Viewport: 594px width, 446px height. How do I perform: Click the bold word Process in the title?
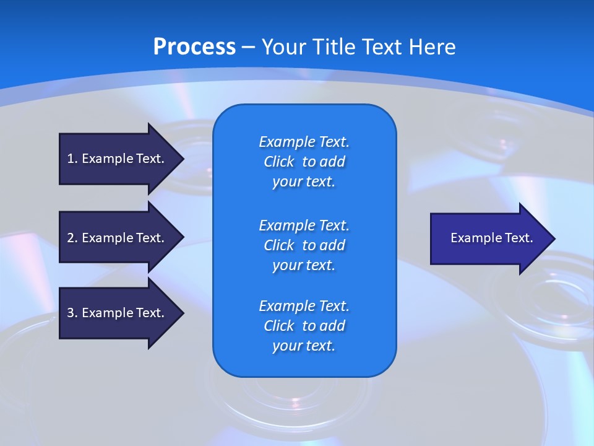coord(194,47)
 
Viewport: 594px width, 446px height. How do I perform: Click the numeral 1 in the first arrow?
coord(71,159)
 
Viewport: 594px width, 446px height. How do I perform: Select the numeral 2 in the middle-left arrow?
coord(71,238)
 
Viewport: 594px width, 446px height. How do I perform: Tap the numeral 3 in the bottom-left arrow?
coord(71,313)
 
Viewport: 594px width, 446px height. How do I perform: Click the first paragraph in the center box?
coord(304,162)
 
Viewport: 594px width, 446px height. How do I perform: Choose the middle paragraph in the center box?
coord(304,245)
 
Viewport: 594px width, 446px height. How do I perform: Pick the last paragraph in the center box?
coord(304,326)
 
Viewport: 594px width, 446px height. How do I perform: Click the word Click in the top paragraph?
coord(279,162)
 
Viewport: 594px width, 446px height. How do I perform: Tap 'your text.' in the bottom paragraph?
coord(304,346)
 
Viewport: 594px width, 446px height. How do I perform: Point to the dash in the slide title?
coord(248,47)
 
